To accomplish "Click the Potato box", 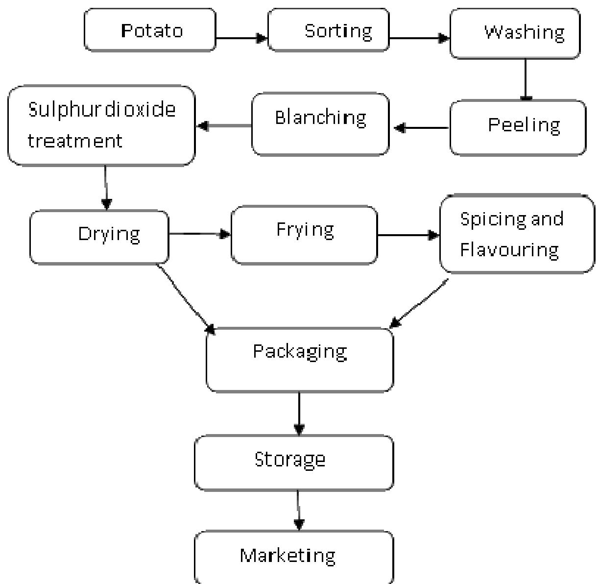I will (x=150, y=30).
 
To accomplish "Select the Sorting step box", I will (x=329, y=30).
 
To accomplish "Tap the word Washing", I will (x=524, y=32).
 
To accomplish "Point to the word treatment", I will (x=74, y=141).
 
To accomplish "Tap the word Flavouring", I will (x=509, y=250).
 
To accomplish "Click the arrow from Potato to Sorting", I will (x=241, y=38).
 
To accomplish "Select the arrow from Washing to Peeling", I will (x=526, y=79).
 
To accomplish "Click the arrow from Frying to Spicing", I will (x=408, y=236).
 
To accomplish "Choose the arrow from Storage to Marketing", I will (x=298, y=510).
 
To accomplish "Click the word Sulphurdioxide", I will (x=101, y=109).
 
